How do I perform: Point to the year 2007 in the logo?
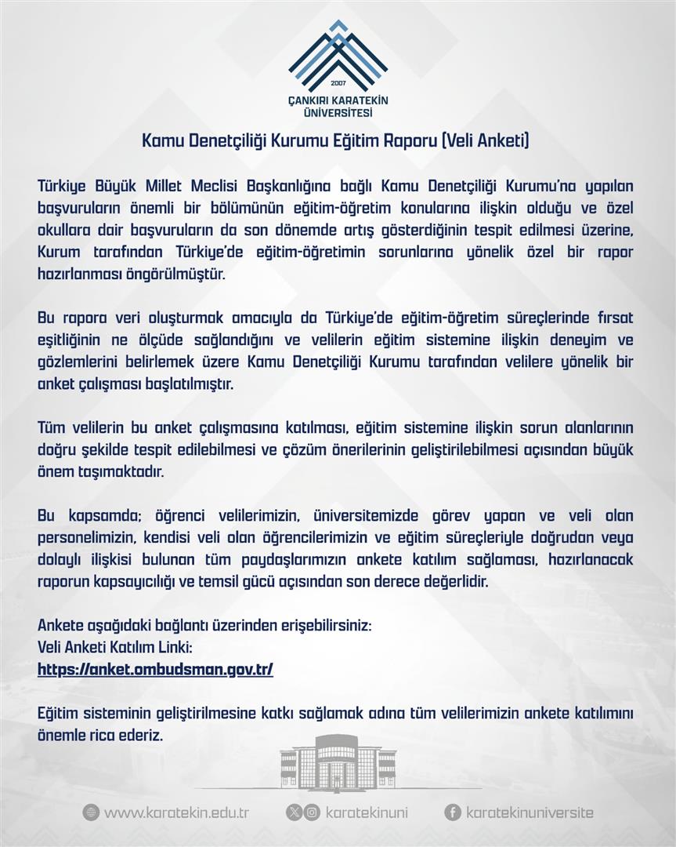(338, 83)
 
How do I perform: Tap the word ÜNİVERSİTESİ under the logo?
(338, 113)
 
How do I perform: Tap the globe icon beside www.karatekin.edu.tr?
(91, 812)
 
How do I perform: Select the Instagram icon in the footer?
(312, 812)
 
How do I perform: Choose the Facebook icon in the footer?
(452, 812)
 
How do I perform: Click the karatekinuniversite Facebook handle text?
(530, 813)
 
